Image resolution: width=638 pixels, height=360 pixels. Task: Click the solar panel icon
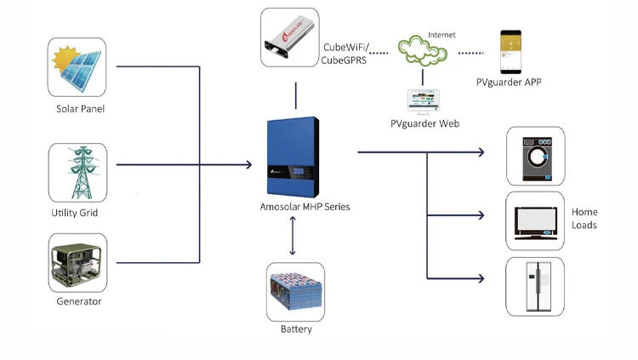pos(77,67)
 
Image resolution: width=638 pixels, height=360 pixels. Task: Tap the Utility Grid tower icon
pos(77,172)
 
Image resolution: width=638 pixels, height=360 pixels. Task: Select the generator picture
pos(77,262)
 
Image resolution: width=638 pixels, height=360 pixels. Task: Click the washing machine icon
pos(535,156)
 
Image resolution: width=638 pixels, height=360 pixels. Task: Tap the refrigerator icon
pos(535,285)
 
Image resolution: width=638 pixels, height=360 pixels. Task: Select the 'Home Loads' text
pos(584,219)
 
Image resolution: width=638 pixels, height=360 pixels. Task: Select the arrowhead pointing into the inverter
pos(248,163)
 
